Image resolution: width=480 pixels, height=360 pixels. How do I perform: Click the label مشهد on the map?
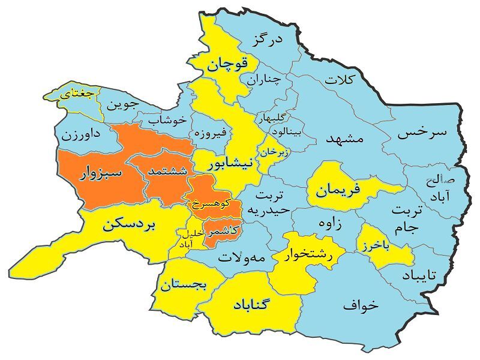344,138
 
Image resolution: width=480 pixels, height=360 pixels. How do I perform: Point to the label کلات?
340,79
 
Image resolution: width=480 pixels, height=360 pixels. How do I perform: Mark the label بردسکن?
129,225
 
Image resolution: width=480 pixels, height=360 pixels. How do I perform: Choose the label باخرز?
386,246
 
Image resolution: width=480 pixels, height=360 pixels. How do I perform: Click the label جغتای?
78,94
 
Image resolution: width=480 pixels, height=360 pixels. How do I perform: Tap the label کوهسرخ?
212,203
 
